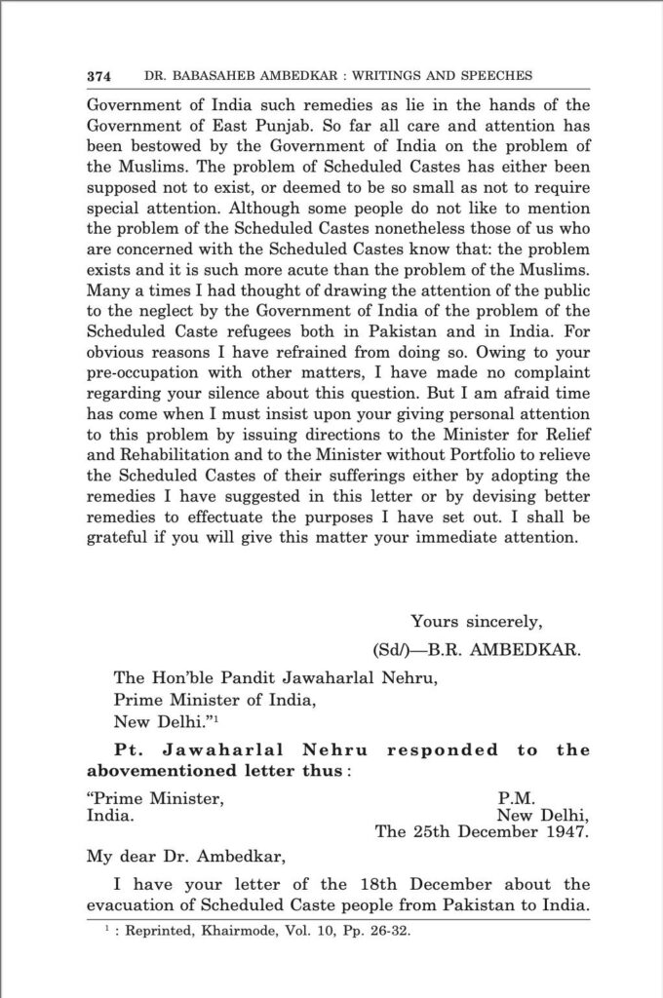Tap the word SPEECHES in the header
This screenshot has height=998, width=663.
492,76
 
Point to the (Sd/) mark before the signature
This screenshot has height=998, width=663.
395,647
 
